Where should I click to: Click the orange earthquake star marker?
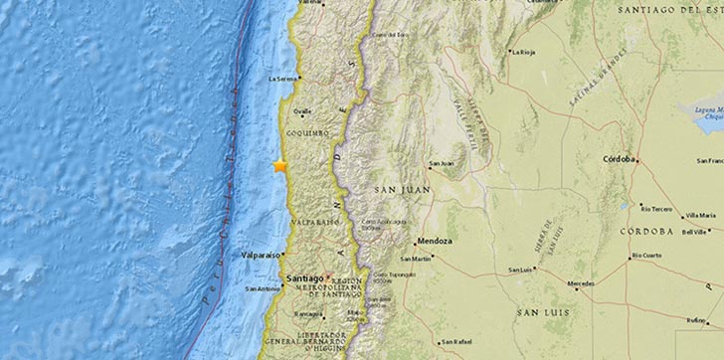280,166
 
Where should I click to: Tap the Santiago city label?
304,279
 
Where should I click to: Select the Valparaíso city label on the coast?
260,256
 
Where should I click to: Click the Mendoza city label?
434,241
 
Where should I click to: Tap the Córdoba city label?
618,159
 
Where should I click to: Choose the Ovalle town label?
302,111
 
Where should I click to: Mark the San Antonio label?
262,289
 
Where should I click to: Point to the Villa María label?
699,215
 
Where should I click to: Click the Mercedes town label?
581,283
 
